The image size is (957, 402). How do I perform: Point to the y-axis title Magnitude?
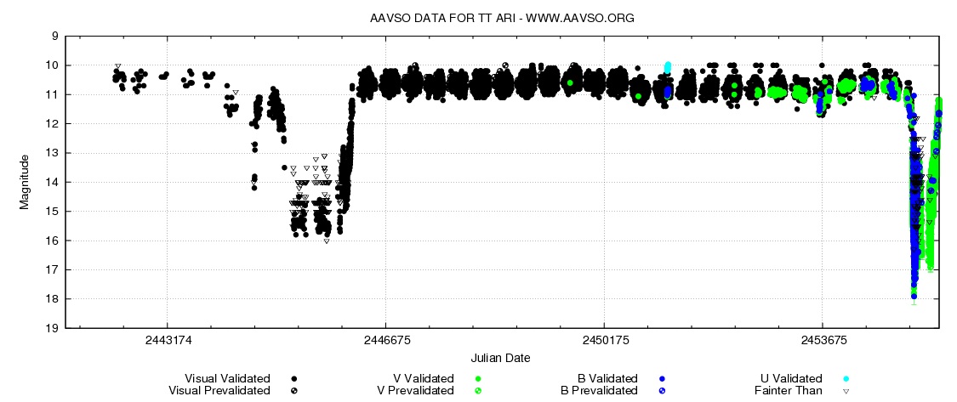point(26,181)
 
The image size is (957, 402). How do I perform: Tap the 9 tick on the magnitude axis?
point(54,37)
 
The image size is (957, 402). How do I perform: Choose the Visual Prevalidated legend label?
point(220,390)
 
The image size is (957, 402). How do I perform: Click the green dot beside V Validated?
point(479,379)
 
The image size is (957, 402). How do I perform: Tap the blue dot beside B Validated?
point(661,379)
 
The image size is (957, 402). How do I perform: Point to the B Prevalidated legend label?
point(598,390)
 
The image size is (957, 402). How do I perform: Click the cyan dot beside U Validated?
point(846,379)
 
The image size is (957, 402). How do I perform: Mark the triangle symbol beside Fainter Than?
point(846,391)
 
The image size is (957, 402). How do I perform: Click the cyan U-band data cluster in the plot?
point(668,66)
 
